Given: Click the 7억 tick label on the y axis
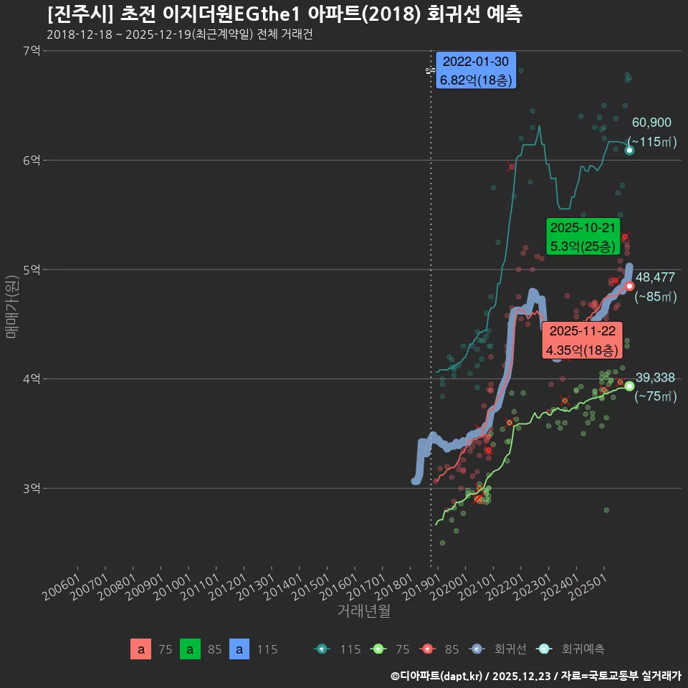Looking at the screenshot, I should click(32, 51).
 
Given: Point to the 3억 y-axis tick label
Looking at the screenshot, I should click(32, 489).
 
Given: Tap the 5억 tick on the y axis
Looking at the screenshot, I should click(32, 270).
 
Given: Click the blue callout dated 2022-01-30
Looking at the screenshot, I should click(476, 70).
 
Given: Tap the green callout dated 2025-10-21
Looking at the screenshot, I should click(582, 237).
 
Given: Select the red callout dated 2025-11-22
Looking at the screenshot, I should click(582, 340).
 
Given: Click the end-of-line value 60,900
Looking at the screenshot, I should click(651, 123).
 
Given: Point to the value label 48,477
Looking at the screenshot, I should click(655, 277).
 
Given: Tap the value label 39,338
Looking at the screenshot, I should click(655, 378).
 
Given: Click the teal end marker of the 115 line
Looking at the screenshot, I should click(629, 150).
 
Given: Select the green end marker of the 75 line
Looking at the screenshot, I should click(629, 386).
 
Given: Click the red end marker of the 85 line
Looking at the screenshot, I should click(629, 286).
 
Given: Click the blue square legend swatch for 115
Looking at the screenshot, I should click(239, 649).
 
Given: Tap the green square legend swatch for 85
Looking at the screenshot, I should click(190, 649).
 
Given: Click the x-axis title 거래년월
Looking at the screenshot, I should click(364, 611).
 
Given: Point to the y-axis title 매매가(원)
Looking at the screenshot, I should click(11, 305).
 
